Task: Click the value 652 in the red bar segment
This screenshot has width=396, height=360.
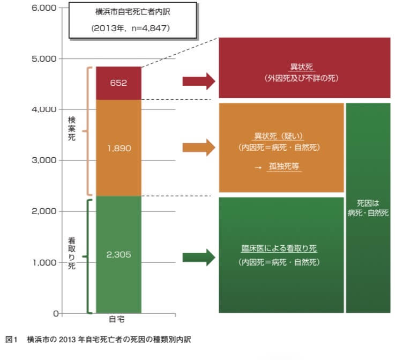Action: (118, 84)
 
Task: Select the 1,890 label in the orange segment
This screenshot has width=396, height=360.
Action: (118, 148)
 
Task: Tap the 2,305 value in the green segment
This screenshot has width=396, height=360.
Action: (118, 254)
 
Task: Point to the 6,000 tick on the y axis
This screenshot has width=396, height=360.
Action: (45, 8)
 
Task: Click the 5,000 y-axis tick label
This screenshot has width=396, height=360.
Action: (45, 58)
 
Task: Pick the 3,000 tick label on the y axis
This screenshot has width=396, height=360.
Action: (45, 160)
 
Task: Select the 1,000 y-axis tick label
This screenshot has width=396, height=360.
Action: (45, 262)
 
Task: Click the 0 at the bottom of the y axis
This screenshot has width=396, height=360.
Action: (55, 313)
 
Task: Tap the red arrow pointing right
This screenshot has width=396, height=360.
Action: (198, 82)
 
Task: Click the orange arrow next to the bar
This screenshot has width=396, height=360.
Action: (198, 148)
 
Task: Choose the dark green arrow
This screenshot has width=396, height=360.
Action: (198, 256)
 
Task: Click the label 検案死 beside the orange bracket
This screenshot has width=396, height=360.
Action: (72, 130)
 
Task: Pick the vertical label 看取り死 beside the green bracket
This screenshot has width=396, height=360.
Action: (72, 253)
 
